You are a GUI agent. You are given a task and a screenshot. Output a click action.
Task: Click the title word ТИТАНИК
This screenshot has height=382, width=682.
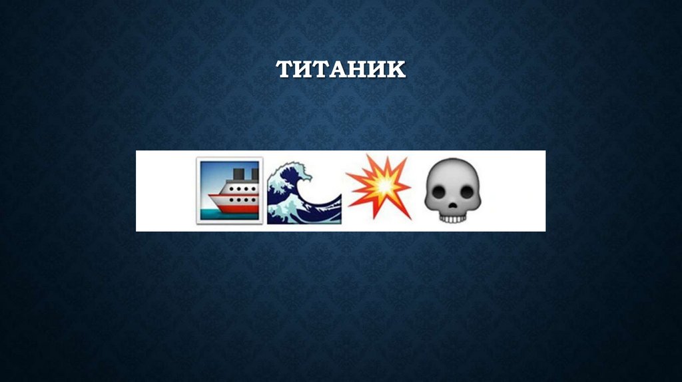point(341,69)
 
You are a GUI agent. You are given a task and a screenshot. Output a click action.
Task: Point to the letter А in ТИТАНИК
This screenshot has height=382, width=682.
point(340,69)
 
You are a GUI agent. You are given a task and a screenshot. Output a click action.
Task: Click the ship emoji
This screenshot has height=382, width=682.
point(229,190)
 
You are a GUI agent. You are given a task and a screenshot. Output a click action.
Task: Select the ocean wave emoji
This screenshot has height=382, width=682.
point(304,190)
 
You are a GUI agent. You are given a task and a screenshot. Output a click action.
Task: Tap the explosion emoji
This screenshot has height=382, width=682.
point(378,188)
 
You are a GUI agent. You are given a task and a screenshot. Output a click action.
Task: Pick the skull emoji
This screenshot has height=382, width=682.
point(451,189)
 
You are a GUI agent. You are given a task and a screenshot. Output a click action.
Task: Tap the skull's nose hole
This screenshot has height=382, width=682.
point(451,203)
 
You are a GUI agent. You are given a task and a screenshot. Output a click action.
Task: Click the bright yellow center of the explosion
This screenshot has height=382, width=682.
point(378,188)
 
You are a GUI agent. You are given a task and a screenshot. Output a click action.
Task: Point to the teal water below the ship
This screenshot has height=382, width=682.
point(210,214)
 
